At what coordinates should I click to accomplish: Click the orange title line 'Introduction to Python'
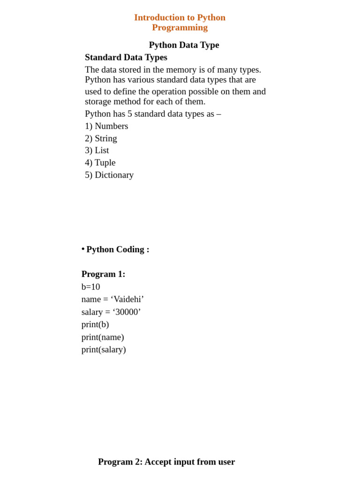[x=180, y=17]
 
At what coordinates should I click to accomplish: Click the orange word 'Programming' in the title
[x=180, y=28]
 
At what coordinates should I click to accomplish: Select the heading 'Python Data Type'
[x=184, y=45]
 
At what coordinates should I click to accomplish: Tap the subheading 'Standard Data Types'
[x=126, y=57]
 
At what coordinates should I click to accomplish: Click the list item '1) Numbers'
[x=106, y=126]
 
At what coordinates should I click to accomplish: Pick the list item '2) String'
[x=101, y=138]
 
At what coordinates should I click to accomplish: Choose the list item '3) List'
[x=97, y=150]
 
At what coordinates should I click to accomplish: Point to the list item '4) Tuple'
[x=100, y=163]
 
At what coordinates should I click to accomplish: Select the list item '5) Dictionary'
[x=109, y=175]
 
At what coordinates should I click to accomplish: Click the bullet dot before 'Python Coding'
[x=83, y=248]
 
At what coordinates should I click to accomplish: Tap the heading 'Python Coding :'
[x=118, y=249]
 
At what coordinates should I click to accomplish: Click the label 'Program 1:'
[x=103, y=274]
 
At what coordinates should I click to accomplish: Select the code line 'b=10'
[x=90, y=287]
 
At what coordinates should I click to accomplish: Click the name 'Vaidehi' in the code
[x=127, y=300]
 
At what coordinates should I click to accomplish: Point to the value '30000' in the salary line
[x=127, y=312]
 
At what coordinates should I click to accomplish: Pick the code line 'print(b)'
[x=95, y=324]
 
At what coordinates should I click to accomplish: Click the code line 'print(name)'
[x=103, y=337]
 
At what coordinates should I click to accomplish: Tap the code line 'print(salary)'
[x=104, y=349]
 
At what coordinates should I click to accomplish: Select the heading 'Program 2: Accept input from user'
[x=166, y=462]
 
